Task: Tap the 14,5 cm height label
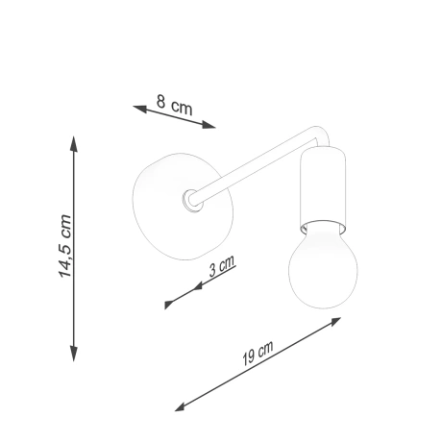coord(65,247)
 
